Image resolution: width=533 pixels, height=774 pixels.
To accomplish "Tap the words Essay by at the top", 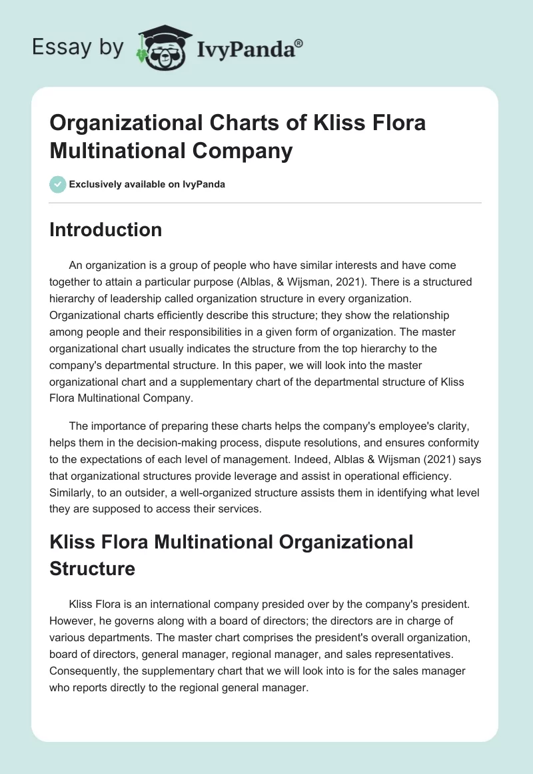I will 78,47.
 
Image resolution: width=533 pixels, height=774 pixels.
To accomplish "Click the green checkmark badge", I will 57,184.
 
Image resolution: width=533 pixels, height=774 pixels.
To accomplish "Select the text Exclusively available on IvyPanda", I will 147,184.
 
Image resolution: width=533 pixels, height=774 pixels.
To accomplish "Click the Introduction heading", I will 105,230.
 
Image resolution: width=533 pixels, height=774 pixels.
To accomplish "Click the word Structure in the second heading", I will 92,568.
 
